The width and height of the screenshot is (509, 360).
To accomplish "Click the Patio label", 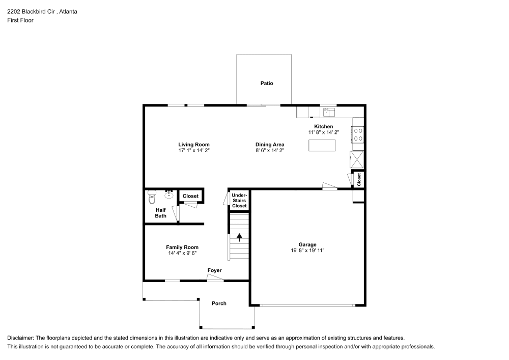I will point(267,83).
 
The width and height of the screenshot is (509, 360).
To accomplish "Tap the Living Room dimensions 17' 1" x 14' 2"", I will point(193,151).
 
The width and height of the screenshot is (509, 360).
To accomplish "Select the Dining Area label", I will point(270,145).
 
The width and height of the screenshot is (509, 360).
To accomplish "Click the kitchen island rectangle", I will point(322,145).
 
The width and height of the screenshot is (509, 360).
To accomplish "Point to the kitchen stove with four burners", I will point(358,134).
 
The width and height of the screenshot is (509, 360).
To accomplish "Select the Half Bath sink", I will point(169,194).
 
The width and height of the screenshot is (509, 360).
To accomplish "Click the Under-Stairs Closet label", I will point(239,200).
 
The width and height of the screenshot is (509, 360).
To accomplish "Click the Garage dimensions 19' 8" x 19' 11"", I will point(307,251).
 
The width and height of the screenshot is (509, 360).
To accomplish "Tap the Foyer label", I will point(214,270).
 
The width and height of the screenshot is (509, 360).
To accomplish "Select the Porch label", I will point(219,303).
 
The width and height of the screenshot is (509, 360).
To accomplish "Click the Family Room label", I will point(182,247).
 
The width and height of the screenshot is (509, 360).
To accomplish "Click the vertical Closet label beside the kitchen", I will point(359,179).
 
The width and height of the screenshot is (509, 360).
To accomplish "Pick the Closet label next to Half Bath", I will point(190,196).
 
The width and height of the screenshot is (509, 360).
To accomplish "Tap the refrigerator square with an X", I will point(357,159).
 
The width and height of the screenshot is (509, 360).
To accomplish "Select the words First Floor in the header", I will point(20,20).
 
